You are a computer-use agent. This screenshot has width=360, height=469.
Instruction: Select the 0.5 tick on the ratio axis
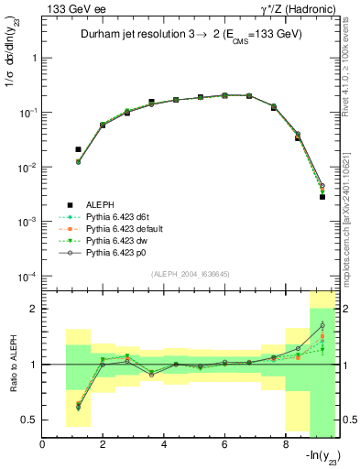coord(31,420)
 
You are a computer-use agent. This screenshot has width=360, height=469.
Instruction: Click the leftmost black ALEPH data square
coord(78,148)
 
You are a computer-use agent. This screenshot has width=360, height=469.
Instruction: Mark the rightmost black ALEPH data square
coord(322,196)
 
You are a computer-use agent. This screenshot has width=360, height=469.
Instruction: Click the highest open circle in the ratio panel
coord(322,325)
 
